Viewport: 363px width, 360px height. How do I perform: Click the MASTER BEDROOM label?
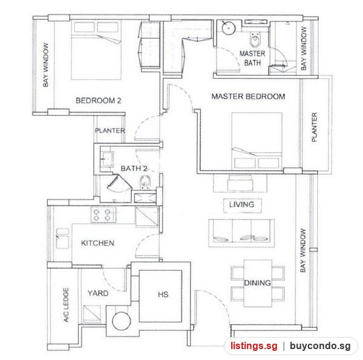click(x=248, y=96)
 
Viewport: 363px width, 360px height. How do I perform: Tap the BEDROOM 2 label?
click(x=99, y=100)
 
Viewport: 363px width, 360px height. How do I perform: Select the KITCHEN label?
click(x=97, y=243)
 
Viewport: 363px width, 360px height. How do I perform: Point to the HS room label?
click(x=163, y=295)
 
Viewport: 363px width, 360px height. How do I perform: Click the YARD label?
click(x=98, y=293)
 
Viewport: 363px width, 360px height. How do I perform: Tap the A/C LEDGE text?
click(x=66, y=305)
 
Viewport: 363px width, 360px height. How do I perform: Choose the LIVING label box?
click(x=242, y=205)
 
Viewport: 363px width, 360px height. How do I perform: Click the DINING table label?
click(x=258, y=283)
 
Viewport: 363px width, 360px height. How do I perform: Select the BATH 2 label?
click(x=134, y=168)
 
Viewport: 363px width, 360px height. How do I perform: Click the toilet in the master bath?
click(x=255, y=39)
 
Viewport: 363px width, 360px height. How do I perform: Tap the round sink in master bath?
click(x=229, y=28)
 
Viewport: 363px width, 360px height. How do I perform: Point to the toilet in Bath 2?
click(x=145, y=182)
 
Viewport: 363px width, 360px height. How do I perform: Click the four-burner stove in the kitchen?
click(x=103, y=215)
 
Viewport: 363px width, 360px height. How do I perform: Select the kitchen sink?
click(x=62, y=238)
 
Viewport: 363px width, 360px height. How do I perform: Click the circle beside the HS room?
click(x=122, y=321)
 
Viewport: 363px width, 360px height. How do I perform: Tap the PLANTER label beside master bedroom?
click(x=314, y=127)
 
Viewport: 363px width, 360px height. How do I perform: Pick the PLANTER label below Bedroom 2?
click(x=110, y=131)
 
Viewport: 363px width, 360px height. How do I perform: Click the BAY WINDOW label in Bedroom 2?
click(x=46, y=65)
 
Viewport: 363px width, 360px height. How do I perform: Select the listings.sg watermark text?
click(x=254, y=346)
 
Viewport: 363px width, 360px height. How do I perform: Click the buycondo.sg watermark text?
click(x=320, y=346)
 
